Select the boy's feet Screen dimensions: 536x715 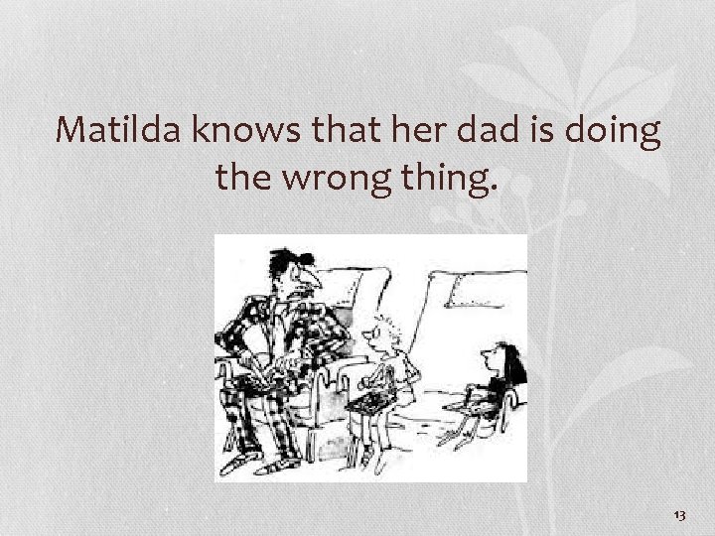click(371, 465)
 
